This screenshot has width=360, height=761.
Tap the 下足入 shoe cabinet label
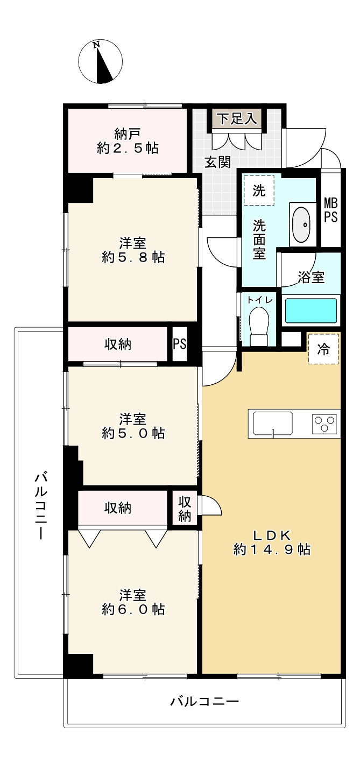pos(237,118)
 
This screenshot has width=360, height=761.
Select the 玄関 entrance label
pos(218,161)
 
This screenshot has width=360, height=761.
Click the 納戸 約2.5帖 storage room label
pos(128,141)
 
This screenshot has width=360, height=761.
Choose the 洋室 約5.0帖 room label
pos(133,426)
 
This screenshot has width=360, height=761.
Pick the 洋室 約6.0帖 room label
pos(133,602)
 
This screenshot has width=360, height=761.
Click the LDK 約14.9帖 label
pos(272,542)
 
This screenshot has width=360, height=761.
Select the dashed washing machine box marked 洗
pos(259,191)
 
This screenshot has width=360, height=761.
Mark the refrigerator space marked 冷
pos(323,349)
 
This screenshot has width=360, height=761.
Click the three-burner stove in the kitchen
pos(324,422)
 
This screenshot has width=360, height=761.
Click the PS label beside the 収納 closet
pos(179,343)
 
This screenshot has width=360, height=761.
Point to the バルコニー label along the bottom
pos(204,702)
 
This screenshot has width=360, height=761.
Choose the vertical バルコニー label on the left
pos(41,506)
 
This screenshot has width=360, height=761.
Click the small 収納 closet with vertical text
pos(185,509)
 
